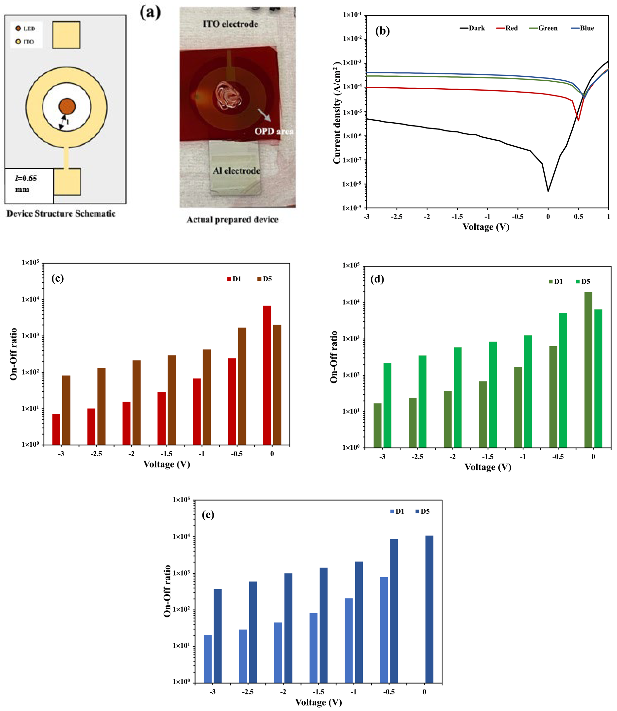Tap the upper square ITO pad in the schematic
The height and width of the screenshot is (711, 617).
[x=66, y=35]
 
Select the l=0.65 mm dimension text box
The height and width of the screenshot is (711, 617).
[x=29, y=185]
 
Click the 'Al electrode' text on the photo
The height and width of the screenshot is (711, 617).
[x=236, y=171]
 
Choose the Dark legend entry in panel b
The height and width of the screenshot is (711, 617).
[x=472, y=28]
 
